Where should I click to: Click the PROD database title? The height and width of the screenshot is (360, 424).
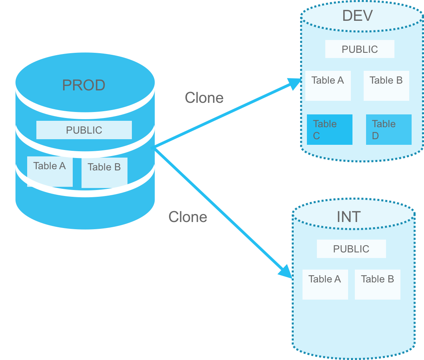pos(84,85)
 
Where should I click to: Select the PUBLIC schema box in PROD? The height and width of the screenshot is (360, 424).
pos(84,130)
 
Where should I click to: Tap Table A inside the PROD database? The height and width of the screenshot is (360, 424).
pos(50,171)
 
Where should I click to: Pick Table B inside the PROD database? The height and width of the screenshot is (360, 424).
pos(104,172)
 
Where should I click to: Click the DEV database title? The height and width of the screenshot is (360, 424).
pos(357,16)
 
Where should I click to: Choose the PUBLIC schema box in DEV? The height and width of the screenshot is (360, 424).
pos(360,49)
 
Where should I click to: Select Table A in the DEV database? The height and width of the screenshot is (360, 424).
pos(328,86)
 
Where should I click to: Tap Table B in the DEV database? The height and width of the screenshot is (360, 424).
pos(386,86)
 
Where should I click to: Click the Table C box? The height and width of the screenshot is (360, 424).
pos(329,130)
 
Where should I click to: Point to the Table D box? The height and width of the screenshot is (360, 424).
pos(388,130)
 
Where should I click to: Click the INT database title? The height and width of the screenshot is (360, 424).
pos(348,217)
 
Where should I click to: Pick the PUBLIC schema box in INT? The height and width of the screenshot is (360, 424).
pos(351,249)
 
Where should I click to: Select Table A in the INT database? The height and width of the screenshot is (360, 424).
pos(325,284)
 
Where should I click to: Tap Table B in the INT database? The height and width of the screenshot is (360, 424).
pos(377,284)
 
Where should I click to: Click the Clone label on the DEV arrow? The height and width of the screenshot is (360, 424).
pos(204,98)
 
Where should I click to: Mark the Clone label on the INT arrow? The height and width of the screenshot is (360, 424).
pos(188,217)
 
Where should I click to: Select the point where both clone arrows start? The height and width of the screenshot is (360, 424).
pos(153,148)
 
